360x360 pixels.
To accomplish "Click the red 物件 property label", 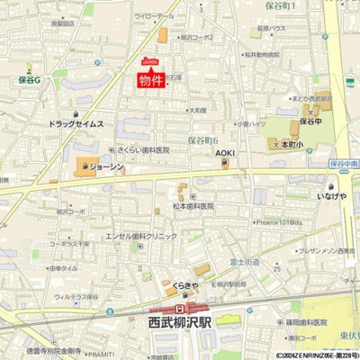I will point(151,81).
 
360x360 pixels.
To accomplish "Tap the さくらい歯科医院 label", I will point(143,150).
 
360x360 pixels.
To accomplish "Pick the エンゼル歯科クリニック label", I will point(141,235).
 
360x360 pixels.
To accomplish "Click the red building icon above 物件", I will point(150,62).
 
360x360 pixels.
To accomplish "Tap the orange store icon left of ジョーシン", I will point(84,166).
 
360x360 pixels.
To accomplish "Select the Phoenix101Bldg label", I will point(281,222).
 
